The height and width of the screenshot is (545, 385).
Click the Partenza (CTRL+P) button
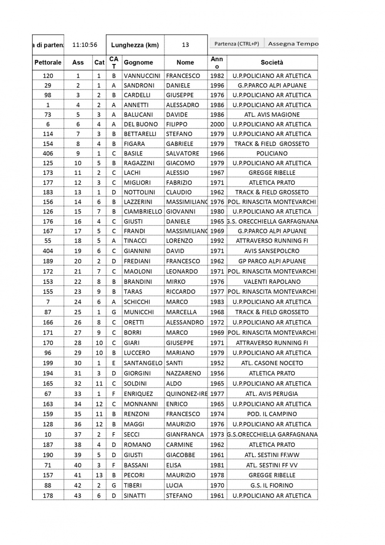point(236,44)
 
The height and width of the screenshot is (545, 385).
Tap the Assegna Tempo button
point(293,44)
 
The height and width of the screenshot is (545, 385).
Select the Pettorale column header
point(48,62)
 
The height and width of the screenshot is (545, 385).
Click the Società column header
point(272,62)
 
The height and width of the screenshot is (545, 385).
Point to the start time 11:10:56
point(85,45)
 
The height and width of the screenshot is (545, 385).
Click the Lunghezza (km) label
point(135,45)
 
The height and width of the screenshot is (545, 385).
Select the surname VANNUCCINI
point(142,76)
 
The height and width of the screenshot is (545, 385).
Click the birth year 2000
point(217,124)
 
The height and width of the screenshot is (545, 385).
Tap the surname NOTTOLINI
point(139,192)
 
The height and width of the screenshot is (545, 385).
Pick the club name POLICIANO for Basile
point(272,153)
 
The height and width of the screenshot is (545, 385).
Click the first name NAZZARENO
point(183,373)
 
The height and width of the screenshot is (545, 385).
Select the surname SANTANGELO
point(143,363)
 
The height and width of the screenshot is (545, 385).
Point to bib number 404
point(48,251)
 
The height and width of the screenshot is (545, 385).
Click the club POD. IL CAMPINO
point(272,414)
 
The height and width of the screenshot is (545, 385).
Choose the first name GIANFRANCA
point(185,434)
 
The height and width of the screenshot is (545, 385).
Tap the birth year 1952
point(217,363)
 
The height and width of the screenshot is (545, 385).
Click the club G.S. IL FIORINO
point(272,485)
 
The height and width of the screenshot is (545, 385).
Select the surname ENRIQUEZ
point(138,394)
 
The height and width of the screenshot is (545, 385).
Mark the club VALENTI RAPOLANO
point(272,282)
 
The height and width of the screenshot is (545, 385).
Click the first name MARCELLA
point(181,312)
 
